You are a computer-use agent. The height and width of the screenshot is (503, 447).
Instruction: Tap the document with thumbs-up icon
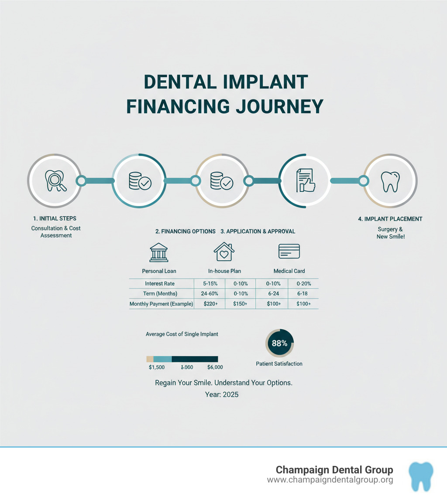click(x=306, y=180)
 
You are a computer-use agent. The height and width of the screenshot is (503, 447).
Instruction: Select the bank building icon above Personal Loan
click(x=158, y=252)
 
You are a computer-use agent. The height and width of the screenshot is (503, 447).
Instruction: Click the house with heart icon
click(x=224, y=252)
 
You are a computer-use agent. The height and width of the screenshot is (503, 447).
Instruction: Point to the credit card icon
click(x=289, y=251)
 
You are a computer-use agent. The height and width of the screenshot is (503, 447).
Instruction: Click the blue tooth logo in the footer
click(x=421, y=475)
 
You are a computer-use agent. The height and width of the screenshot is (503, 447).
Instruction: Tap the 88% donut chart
click(x=280, y=343)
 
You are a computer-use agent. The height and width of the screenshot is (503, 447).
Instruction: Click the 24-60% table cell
click(x=210, y=294)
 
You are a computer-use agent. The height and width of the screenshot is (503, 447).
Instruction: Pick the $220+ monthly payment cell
click(x=210, y=304)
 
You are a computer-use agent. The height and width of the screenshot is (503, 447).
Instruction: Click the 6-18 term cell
click(x=303, y=294)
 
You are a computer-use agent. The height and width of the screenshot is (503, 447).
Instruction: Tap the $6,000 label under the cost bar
click(x=215, y=367)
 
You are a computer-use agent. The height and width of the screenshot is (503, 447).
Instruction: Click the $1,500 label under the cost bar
click(x=157, y=367)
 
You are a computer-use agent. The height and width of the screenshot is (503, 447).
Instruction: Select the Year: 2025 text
click(x=222, y=394)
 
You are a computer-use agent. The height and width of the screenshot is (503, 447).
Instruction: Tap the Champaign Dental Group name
click(x=334, y=470)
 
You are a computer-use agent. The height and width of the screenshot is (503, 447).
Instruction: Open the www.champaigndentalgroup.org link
click(x=330, y=480)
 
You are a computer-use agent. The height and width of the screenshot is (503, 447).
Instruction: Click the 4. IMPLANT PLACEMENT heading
click(x=390, y=219)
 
